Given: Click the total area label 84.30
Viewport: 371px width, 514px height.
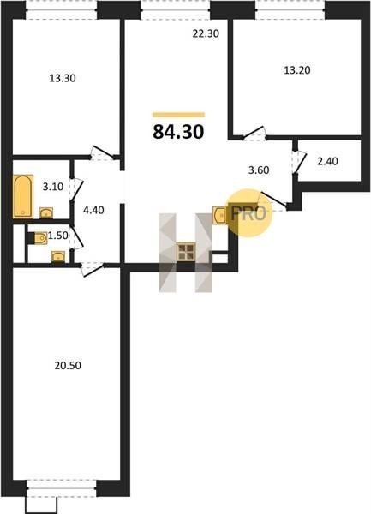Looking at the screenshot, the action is pos(178,132).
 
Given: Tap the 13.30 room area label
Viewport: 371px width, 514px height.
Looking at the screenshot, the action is pos(63,78).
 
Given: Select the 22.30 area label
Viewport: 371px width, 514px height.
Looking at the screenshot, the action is pos(206,33).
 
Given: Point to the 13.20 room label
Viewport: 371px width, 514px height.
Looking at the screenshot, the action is pos(297,70).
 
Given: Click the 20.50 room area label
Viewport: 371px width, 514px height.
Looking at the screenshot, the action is pos(68,366).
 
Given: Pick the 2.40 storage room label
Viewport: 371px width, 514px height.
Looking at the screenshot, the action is pos(328,161).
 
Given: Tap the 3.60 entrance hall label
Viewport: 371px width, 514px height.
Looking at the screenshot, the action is pos(259,170).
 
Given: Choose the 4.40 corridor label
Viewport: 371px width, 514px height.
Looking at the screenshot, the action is pos(93,210).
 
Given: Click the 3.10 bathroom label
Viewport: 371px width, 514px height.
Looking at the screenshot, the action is pos(53,187).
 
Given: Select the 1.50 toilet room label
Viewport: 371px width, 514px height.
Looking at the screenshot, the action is pos(58,236).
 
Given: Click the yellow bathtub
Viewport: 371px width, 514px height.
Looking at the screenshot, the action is pos(23,196).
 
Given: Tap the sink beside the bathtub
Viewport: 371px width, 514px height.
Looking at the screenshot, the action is pos(46,213).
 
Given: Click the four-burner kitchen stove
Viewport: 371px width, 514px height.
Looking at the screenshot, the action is pos(186,252).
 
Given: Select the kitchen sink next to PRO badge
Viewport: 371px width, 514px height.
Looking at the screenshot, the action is pos(219,215).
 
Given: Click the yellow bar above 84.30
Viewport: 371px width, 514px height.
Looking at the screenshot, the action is pos(178,115).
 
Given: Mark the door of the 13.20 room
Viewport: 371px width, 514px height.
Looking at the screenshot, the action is pos(254,134).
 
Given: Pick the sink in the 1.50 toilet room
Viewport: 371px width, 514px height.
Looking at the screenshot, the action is pos(58,257).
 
